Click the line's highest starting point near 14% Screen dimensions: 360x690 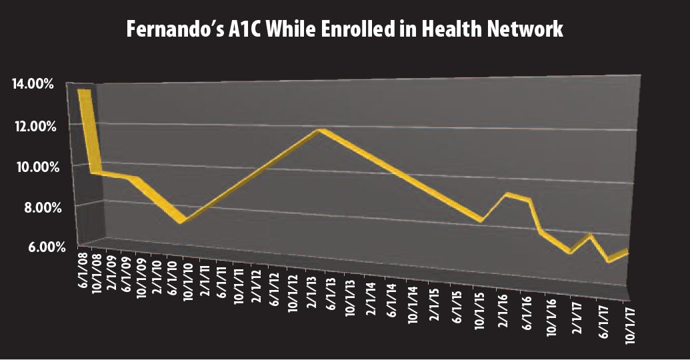(x=85, y=91)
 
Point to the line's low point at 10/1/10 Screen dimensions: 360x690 (x=181, y=221)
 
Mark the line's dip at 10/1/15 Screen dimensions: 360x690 (x=480, y=220)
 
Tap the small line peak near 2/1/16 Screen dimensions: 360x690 (x=507, y=194)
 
